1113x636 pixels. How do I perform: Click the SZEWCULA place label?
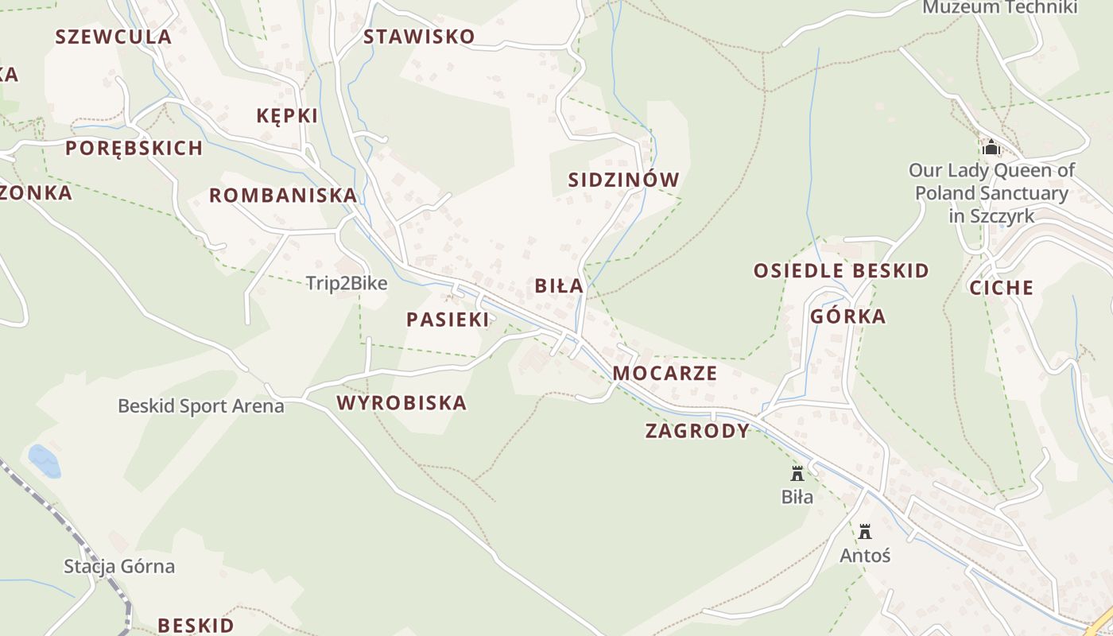tap(113, 37)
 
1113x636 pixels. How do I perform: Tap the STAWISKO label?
tap(419, 37)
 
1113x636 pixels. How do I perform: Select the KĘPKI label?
tap(287, 116)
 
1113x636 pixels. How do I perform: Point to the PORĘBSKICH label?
tap(134, 149)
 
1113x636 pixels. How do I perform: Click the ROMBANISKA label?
tap(283, 196)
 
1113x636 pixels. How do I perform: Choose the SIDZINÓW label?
tap(624, 180)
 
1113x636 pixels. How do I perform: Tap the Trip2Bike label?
tap(347, 284)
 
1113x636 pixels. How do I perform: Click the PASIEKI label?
tap(448, 320)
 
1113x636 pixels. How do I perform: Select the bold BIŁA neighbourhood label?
tap(559, 286)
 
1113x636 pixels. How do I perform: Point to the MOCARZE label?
tap(665, 374)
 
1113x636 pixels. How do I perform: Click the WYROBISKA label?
tap(401, 403)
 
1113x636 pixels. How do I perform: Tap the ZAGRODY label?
tap(697, 432)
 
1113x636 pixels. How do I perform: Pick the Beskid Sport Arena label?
tap(200, 406)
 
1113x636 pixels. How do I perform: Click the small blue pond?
tap(45, 461)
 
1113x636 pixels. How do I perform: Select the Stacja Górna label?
tap(119, 567)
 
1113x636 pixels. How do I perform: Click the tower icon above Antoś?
tap(865, 532)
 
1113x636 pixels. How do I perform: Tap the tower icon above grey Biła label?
tap(797, 474)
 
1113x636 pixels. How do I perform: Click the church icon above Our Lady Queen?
tap(991, 148)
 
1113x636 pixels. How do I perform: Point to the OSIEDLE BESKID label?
tap(841, 271)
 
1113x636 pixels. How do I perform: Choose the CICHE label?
tap(1001, 289)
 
